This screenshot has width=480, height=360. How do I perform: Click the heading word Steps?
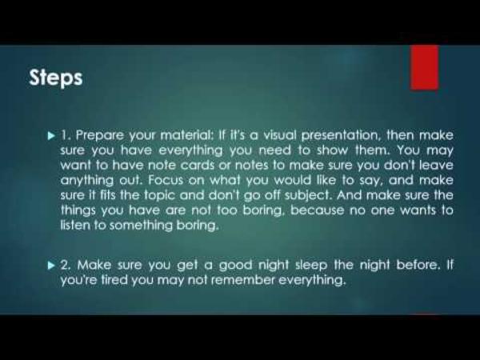56,78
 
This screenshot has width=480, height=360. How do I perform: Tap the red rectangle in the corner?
424,67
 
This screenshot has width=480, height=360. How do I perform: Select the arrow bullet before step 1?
52,136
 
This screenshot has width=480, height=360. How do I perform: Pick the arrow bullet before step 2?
52,266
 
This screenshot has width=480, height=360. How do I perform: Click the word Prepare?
99,136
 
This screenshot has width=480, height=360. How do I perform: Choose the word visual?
280,135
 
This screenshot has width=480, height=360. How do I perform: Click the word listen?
72,225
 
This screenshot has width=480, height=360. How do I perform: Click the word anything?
87,181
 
